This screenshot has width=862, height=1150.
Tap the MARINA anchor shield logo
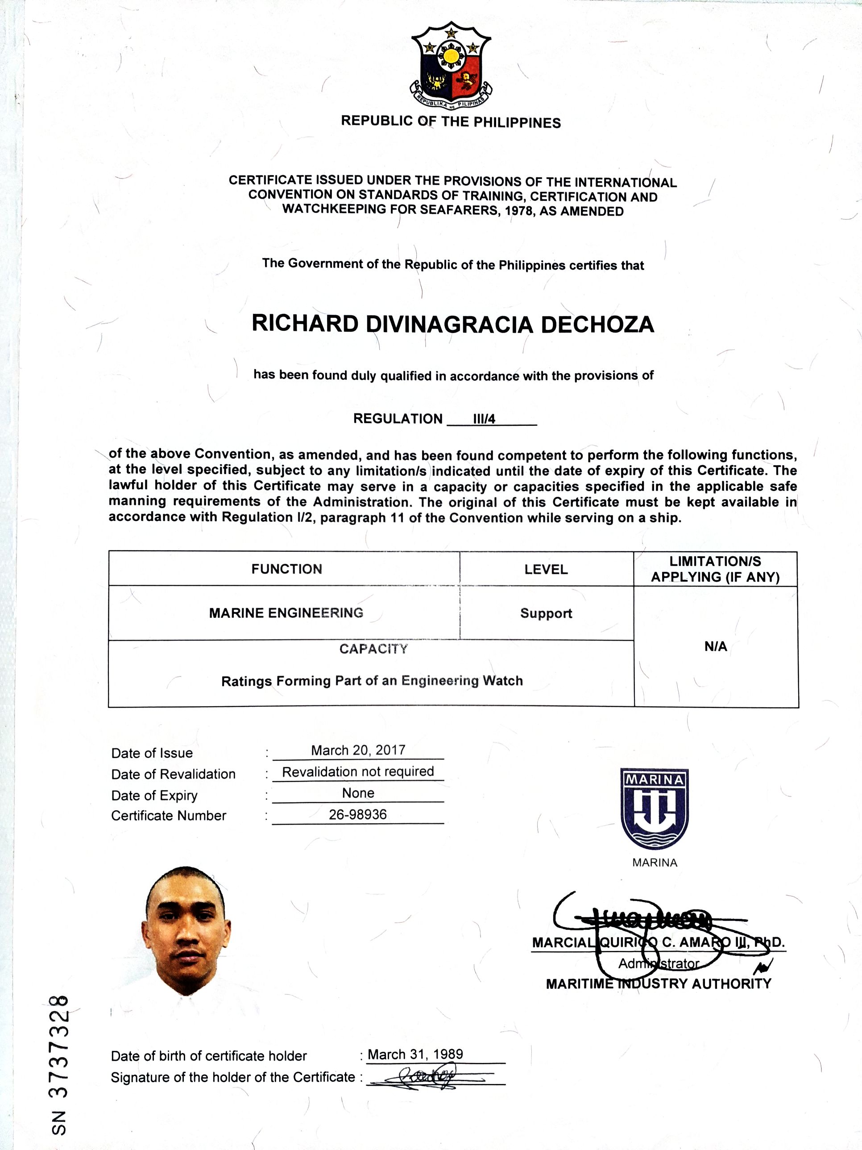click(655, 808)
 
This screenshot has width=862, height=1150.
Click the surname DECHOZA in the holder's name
click(597, 325)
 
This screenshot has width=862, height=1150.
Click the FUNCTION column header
click(286, 569)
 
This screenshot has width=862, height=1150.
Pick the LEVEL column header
click(546, 569)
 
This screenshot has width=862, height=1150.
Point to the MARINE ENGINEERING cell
click(286, 613)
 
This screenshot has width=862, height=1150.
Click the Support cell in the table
click(546, 613)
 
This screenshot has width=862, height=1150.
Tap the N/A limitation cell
click(716, 647)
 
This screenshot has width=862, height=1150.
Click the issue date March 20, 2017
click(358, 750)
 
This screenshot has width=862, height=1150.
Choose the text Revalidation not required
click(358, 771)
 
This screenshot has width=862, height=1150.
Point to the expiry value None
click(358, 793)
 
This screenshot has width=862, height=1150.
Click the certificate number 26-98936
click(358, 814)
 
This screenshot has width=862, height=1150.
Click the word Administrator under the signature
click(658, 963)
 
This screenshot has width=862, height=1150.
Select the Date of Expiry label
click(154, 796)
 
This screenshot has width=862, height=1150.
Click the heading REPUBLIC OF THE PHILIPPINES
click(451, 122)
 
